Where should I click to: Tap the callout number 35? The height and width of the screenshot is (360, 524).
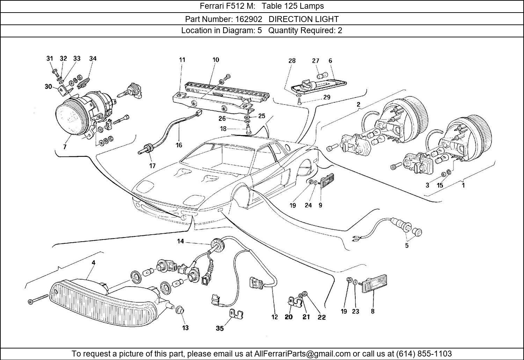pyautogui.click(x=220, y=328)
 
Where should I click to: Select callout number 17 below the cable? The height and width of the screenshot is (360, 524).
pyautogui.click(x=152, y=166)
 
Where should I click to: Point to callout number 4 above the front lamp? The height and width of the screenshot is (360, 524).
pyautogui.click(x=93, y=262)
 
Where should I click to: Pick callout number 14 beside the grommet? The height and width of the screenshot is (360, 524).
pyautogui.click(x=180, y=241)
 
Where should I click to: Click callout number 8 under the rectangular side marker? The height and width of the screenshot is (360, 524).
pyautogui.click(x=373, y=311)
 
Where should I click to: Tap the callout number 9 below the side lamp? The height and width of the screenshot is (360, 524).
pyautogui.click(x=320, y=205)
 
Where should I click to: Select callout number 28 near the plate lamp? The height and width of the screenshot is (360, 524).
pyautogui.click(x=292, y=60)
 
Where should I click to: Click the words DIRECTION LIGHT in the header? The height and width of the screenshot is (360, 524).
pyautogui.click(x=304, y=19)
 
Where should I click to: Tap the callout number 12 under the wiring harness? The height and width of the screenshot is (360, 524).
pyautogui.click(x=275, y=317)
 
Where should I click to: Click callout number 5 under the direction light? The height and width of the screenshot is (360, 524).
pyautogui.click(x=407, y=245)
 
